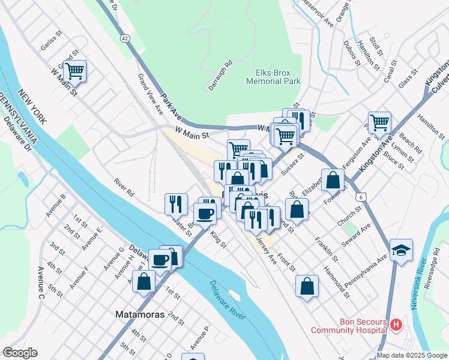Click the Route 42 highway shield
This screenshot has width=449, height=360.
pos(124,38)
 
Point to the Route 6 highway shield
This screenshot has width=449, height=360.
pos(360,197)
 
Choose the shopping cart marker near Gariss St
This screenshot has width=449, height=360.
pos(75,71)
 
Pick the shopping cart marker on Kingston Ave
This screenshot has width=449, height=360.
pos(379,123)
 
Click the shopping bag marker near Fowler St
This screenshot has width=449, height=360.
pos(333,179)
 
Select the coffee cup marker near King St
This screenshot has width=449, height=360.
pos(205,214)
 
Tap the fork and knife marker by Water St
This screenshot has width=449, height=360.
pos(176,203)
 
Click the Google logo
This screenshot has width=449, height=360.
pos(20,353)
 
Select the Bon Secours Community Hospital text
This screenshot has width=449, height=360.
pos(348,326)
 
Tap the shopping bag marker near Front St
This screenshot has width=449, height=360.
pos(307,287)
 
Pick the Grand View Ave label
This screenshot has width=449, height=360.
pos(150,94)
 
